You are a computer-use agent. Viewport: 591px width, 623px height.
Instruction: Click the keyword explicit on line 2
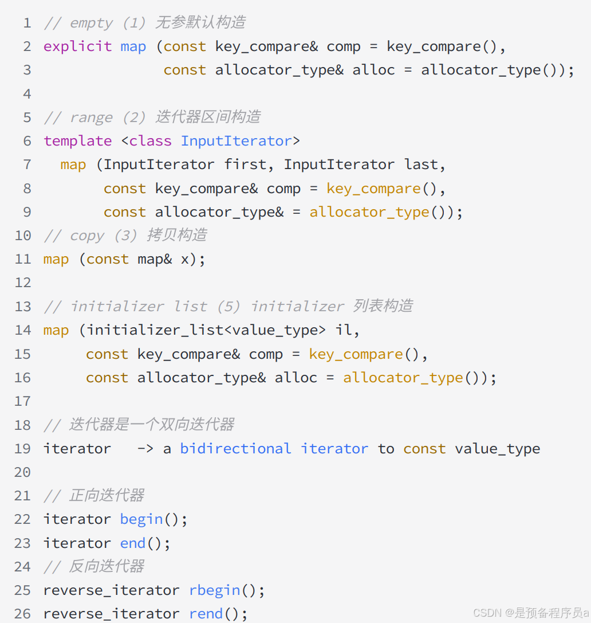77,46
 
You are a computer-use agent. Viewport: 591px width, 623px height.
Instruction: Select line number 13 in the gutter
22,307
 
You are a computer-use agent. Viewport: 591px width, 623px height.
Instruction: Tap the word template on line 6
77,141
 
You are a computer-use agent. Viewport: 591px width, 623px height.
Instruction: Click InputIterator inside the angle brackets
237,141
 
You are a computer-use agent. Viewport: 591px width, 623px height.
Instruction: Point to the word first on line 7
245,164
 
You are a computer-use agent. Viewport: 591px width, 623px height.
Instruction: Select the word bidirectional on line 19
235,448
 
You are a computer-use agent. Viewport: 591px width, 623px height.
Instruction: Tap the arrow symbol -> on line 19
145,448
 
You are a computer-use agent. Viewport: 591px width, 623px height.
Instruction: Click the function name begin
141,519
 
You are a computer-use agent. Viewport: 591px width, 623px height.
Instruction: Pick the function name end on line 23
133,543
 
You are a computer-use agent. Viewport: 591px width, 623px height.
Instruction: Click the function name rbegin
215,590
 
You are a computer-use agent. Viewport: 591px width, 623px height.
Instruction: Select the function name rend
206,614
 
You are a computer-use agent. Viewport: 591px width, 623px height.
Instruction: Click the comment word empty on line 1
92,23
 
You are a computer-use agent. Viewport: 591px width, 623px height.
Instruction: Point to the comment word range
92,117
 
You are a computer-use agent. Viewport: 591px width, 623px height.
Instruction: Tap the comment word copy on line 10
87,236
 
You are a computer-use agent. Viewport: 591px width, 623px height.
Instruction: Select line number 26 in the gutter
22,614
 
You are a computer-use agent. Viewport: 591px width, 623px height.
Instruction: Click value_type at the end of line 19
497,448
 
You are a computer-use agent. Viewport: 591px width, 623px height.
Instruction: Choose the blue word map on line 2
133,46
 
